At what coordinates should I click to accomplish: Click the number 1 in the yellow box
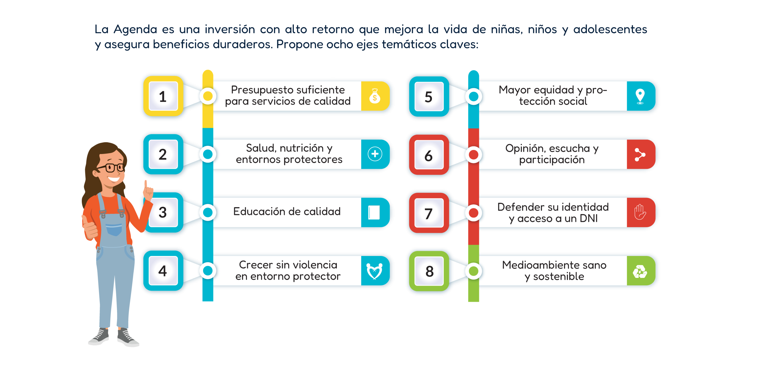pyautogui.click(x=162, y=97)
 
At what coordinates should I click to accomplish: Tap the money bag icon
pyautogui.click(x=375, y=96)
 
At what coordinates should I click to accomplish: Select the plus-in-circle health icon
pyautogui.click(x=375, y=154)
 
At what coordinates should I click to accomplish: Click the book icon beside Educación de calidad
pyautogui.click(x=374, y=212)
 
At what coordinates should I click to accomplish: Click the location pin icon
pyautogui.click(x=640, y=96)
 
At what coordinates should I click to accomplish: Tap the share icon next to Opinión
pyautogui.click(x=640, y=154)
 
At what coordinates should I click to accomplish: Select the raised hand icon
pyautogui.click(x=640, y=212)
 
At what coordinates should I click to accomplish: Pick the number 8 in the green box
pyautogui.click(x=429, y=271)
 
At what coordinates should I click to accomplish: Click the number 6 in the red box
pyautogui.click(x=428, y=156)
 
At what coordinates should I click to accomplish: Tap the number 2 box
pyautogui.click(x=162, y=155)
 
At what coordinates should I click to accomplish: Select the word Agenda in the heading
pyautogui.click(x=135, y=29)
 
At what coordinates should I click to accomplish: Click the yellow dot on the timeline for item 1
pyautogui.click(x=208, y=96)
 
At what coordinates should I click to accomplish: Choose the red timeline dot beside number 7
pyautogui.click(x=473, y=213)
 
